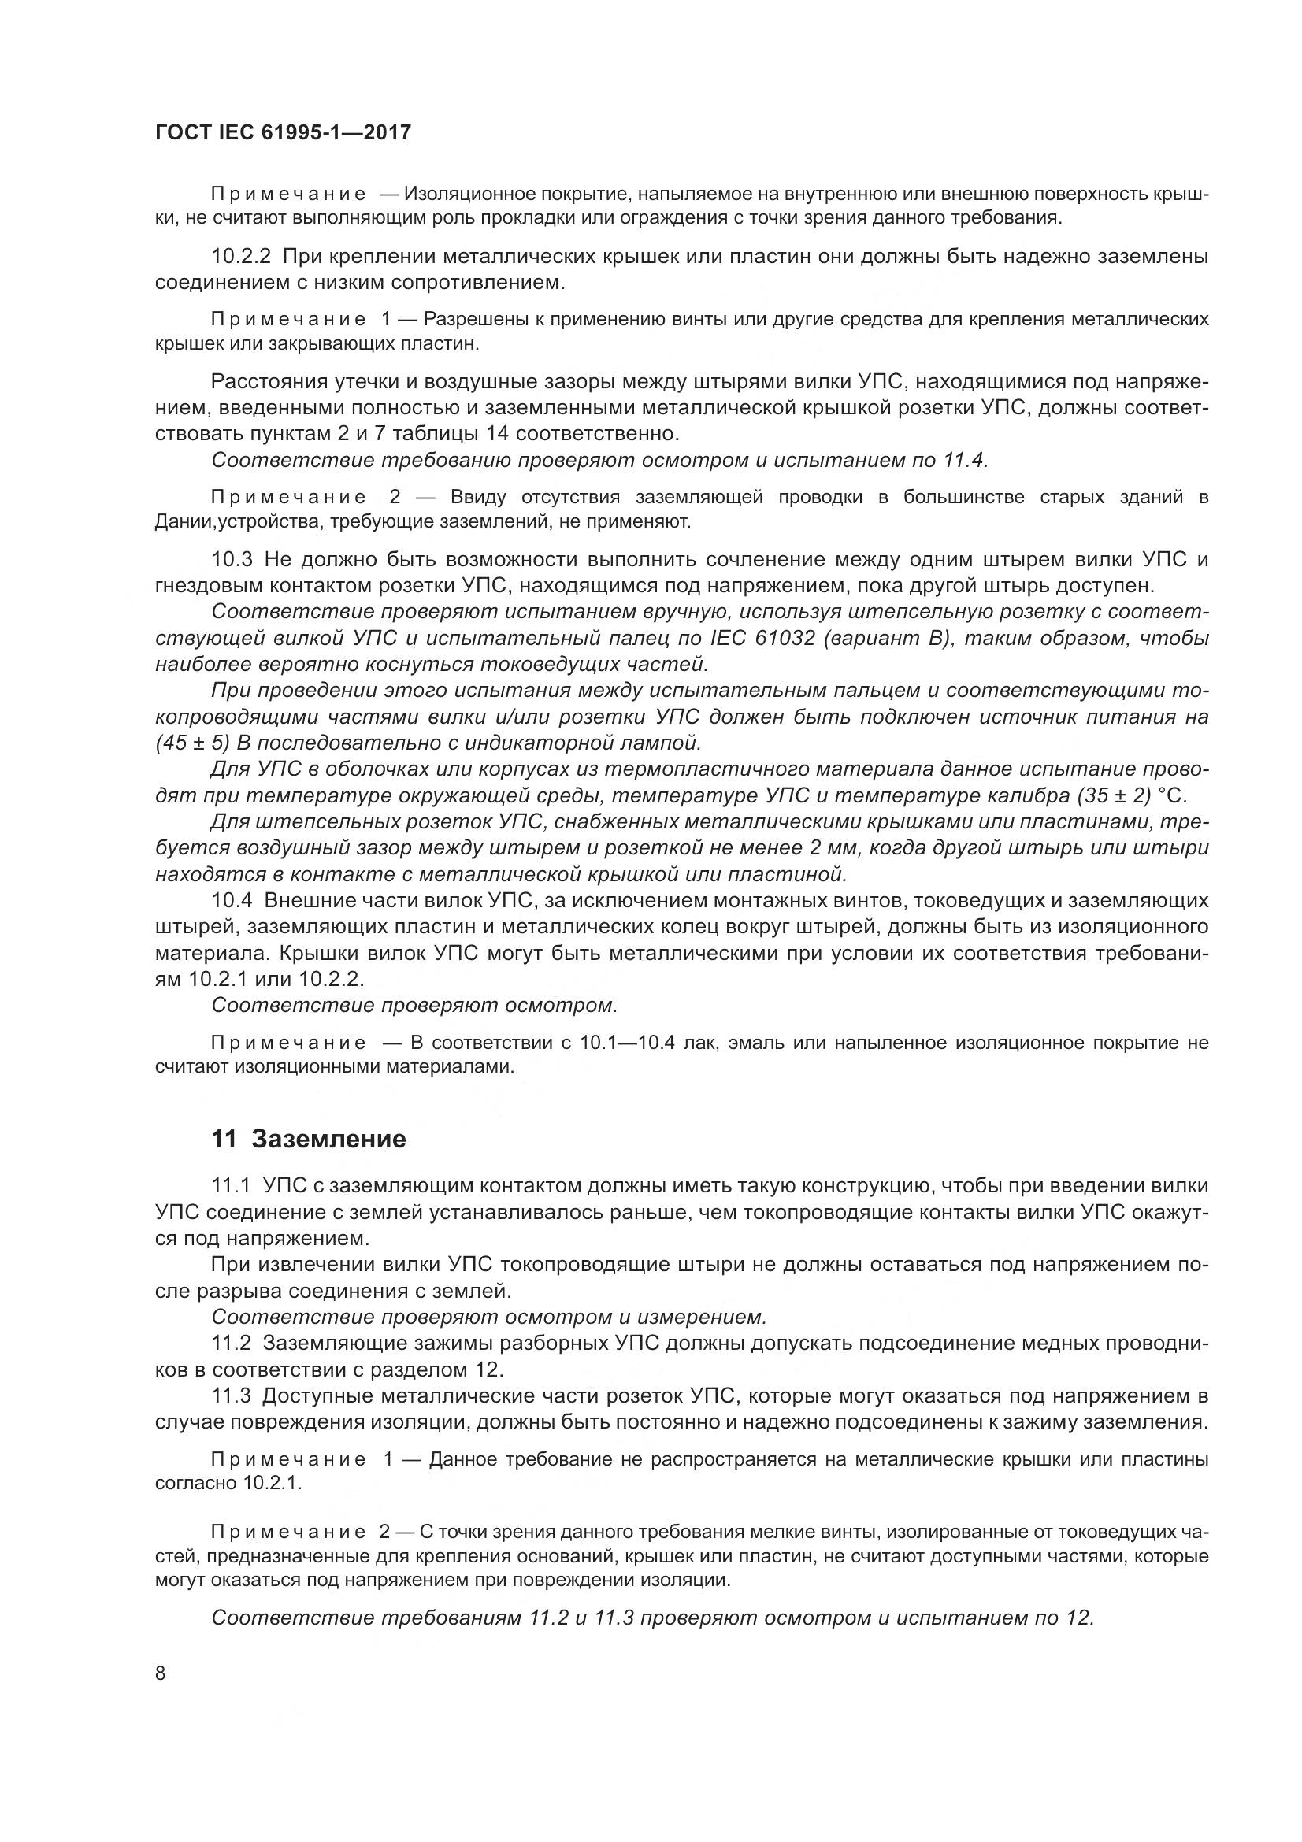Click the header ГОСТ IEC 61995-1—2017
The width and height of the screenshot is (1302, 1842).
[x=283, y=132]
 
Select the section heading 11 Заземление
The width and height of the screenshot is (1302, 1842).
[x=308, y=1139]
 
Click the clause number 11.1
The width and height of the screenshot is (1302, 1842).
[x=231, y=1185]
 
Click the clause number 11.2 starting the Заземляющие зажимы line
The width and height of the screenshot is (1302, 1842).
[x=231, y=1342]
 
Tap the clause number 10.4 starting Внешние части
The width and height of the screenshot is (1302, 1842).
[x=231, y=900]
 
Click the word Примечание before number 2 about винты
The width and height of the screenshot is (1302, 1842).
[x=289, y=1532]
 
